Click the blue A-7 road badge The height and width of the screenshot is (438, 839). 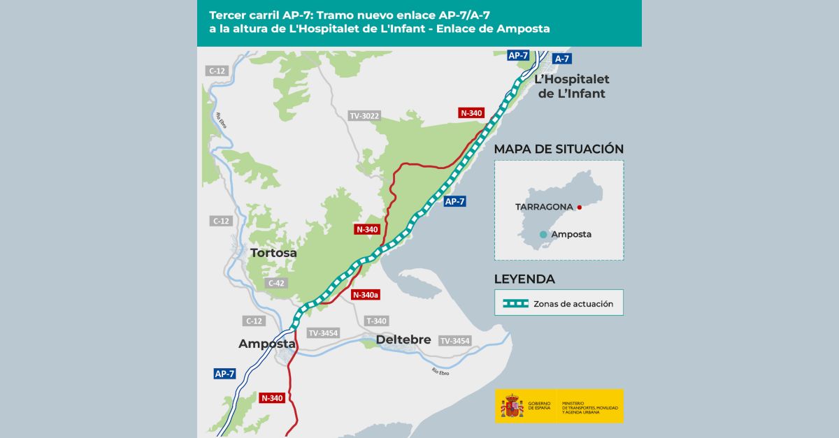pos(561,59)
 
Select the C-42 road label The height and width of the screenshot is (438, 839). pos(275,283)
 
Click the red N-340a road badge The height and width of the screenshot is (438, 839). pos(366,295)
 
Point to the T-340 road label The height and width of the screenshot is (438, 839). pos(376,321)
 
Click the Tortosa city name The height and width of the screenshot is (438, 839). pos(273,253)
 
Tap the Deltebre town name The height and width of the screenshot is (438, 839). pos(403,340)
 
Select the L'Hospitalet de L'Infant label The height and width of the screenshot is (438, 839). pos(571,87)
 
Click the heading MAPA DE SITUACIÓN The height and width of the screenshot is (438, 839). pos(559,149)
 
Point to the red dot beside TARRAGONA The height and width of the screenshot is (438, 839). pos(580,207)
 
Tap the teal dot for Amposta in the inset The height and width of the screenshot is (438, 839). pos(543,235)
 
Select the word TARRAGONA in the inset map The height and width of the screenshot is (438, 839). pos(544,207)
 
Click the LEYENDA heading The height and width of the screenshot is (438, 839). pos(524,279)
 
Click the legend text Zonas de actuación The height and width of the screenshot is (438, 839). pos(573,304)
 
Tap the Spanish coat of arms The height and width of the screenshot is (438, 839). pos(512,406)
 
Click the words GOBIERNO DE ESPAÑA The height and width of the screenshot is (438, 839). pos(539,406)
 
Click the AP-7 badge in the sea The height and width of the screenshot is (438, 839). pos(454,201)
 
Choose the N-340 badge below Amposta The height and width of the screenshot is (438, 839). pos(272,398)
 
